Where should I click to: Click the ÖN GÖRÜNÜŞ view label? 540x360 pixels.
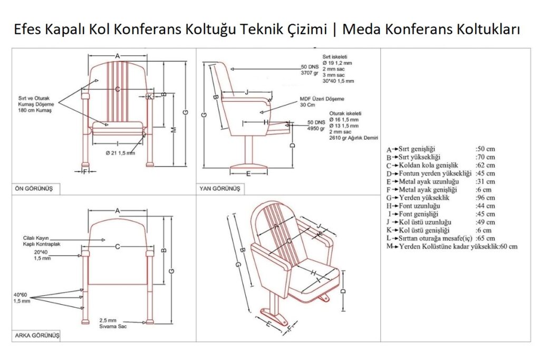point(36,188)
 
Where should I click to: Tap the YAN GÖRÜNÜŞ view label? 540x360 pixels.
point(219,188)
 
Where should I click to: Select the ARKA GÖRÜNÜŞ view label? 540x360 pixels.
point(37,335)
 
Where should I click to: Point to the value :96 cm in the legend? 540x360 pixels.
point(486,198)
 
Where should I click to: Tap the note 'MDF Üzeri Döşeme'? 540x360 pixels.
point(322,98)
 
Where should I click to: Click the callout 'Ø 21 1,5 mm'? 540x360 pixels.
point(120,153)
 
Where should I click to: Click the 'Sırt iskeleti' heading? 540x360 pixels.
point(335,56)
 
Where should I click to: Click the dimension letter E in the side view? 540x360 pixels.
point(248,173)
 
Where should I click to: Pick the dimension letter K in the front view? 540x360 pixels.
point(150,96)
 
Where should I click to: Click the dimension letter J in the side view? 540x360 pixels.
point(247,92)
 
